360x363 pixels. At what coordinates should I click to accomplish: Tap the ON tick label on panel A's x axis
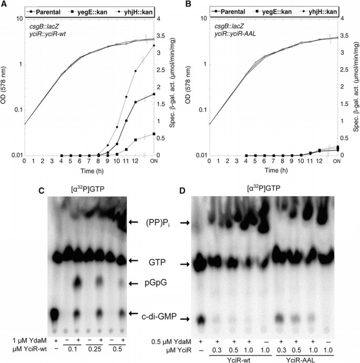[x=153, y=162]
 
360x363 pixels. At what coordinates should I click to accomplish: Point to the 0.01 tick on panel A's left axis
[x=15, y=155]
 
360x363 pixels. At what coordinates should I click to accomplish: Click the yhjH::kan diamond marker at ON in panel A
[x=154, y=46]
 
